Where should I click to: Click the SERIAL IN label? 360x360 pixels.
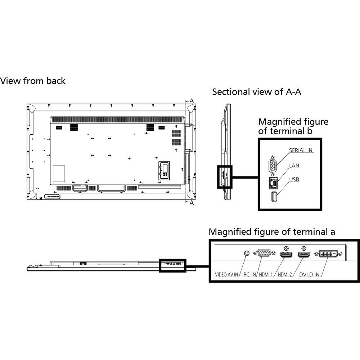(x=301, y=150)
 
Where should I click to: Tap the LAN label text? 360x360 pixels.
(x=294, y=166)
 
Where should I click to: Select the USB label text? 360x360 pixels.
(x=294, y=179)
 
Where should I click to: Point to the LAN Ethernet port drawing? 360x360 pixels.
(x=273, y=183)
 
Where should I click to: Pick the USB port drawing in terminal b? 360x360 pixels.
(x=274, y=196)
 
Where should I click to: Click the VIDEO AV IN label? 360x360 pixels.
(x=226, y=274)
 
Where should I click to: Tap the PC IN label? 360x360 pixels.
(x=249, y=274)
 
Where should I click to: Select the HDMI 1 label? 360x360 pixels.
(x=266, y=274)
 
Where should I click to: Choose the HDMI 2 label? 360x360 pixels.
(x=285, y=274)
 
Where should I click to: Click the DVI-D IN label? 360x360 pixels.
(x=309, y=274)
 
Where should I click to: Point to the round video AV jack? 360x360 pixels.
(x=246, y=253)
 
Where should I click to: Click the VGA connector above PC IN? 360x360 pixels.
(x=264, y=253)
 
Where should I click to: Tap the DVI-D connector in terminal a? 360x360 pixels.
(x=328, y=254)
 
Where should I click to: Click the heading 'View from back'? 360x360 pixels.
(x=33, y=81)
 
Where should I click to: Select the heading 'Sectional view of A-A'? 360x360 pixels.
(x=256, y=92)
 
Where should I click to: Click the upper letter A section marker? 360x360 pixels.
(x=192, y=101)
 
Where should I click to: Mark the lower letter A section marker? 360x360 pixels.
(x=192, y=203)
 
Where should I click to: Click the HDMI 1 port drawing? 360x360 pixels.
(x=286, y=255)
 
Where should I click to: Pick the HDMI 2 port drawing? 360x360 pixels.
(x=304, y=255)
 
